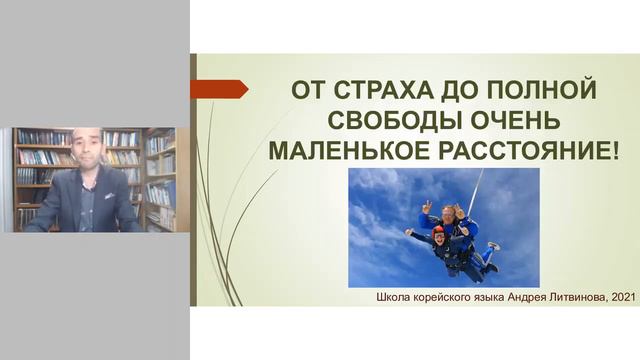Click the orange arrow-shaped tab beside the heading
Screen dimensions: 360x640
[218, 89]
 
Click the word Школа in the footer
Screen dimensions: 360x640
[396, 297]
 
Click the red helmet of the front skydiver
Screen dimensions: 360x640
[437, 231]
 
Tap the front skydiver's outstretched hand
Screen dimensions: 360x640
[408, 233]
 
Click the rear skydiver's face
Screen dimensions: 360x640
[449, 214]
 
